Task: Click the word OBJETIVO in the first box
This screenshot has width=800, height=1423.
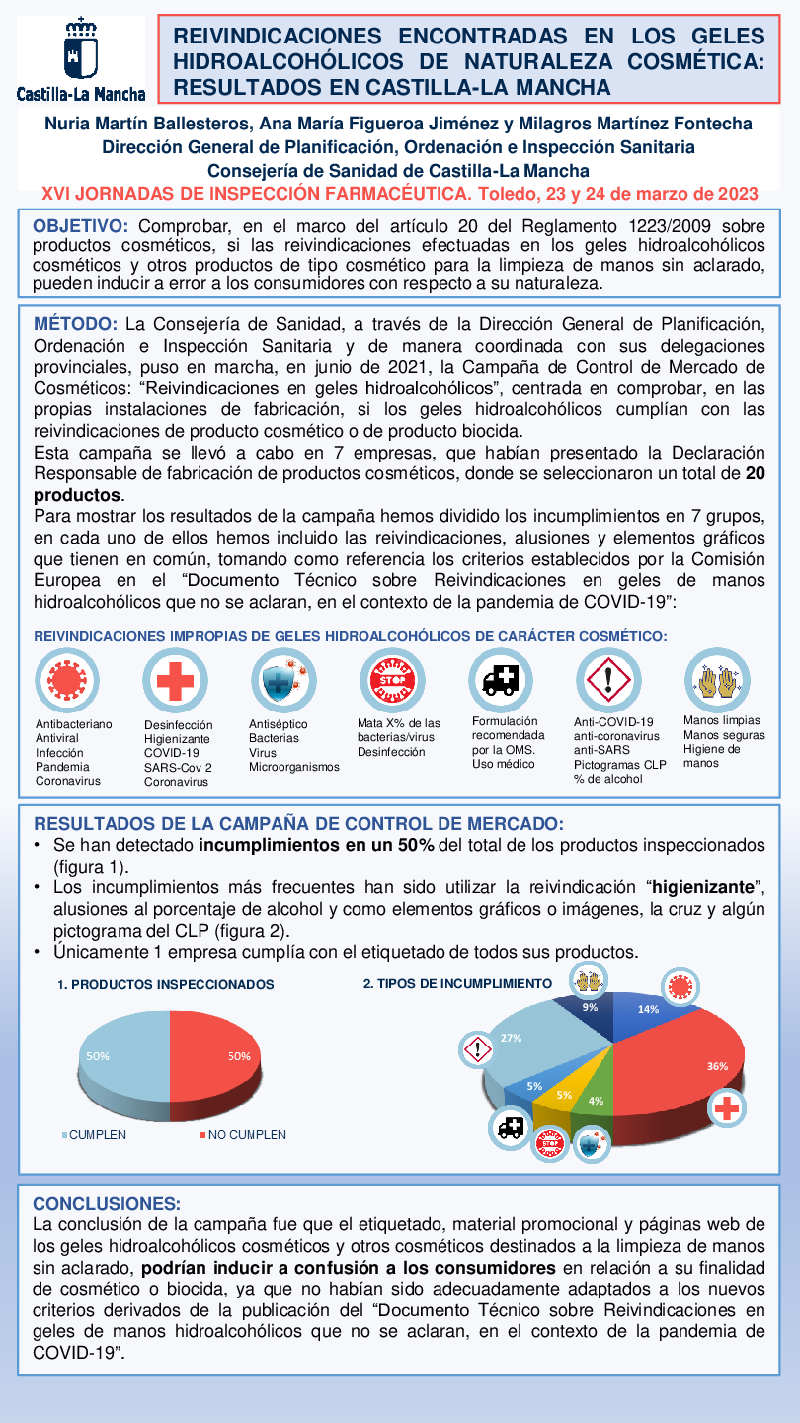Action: (81, 226)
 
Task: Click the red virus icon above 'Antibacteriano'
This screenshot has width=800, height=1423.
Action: (67, 681)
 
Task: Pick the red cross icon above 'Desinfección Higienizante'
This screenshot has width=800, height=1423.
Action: (175, 681)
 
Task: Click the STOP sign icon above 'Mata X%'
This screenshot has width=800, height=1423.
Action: (392, 681)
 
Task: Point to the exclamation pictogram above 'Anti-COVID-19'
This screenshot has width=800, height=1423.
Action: (608, 681)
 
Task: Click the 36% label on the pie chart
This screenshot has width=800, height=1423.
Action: (717, 1066)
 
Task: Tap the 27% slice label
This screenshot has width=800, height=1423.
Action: (511, 1038)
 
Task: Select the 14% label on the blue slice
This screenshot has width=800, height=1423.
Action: (648, 1009)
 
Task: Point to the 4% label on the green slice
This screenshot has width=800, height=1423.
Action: (596, 1101)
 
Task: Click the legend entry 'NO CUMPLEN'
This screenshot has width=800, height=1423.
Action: (247, 1134)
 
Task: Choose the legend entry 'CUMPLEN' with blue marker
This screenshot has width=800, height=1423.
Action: (98, 1134)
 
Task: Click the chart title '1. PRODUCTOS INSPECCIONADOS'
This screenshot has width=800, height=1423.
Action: (165, 984)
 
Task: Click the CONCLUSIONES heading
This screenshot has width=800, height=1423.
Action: (107, 1203)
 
